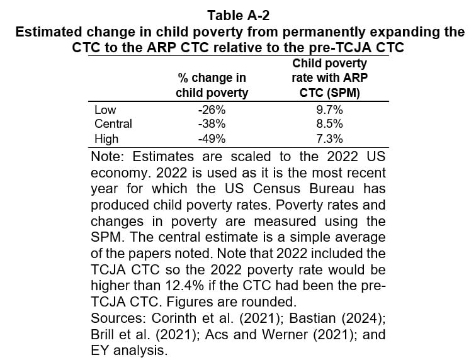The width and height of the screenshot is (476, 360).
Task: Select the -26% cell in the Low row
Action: (x=212, y=110)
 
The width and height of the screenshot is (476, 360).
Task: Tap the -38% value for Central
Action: (x=212, y=124)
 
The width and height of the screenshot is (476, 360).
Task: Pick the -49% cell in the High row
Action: (x=212, y=138)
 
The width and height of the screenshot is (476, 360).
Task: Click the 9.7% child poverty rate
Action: (x=330, y=110)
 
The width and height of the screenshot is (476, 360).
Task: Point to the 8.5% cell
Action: (x=330, y=124)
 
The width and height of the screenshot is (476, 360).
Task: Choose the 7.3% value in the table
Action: (x=330, y=138)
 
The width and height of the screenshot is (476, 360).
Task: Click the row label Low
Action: (x=105, y=110)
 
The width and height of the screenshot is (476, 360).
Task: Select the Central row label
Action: (x=113, y=124)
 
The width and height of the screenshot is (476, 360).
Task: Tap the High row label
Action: (x=106, y=138)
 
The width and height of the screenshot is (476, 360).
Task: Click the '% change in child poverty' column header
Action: (x=212, y=86)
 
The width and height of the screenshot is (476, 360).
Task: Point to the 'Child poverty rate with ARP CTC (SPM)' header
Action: (x=330, y=78)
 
